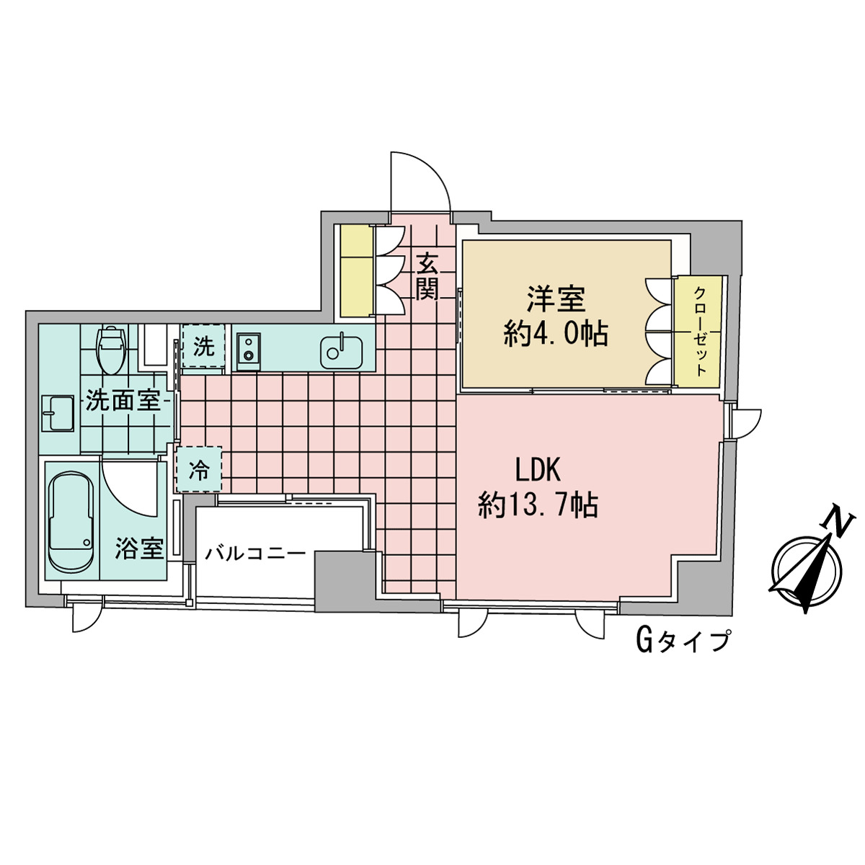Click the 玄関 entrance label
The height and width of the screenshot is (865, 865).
(427, 276)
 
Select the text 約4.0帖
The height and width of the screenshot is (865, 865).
(555, 334)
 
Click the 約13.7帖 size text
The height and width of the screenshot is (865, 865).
(538, 505)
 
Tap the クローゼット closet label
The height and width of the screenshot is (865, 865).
(699, 331)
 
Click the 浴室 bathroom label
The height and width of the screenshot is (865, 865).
(140, 549)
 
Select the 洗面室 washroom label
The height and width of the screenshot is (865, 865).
(123, 401)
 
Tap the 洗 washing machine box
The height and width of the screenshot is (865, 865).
(203, 347)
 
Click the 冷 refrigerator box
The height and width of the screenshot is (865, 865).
(198, 471)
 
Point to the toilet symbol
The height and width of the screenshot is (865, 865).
(111, 349)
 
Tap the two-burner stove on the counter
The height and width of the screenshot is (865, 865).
(249, 348)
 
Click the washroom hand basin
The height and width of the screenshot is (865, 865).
(58, 414)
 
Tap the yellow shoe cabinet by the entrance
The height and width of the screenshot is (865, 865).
(357, 271)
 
